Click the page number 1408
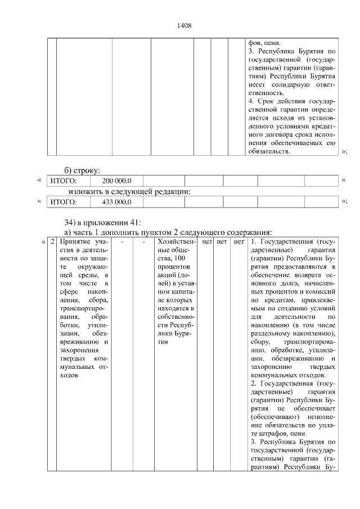(x=184, y=25)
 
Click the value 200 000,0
(x=116, y=181)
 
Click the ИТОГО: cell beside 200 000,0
(x=63, y=181)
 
